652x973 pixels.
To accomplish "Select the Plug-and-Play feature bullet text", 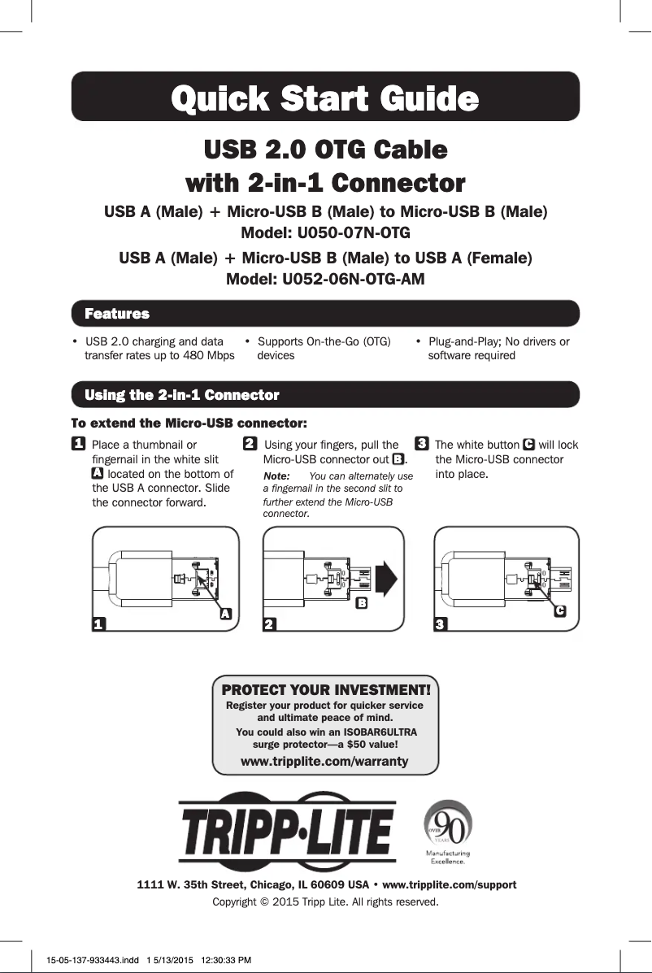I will coord(498,348).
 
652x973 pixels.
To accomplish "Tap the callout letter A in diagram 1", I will coord(228,615).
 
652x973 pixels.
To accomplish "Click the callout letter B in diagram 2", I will coord(362,603).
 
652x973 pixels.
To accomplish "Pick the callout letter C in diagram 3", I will coord(560,610).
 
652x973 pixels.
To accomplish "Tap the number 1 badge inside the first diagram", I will coord(98,624).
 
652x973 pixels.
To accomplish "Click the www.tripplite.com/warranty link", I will coord(325,761).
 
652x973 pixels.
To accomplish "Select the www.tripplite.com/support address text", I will coord(449,884).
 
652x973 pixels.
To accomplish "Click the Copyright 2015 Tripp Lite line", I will coord(325,902).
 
